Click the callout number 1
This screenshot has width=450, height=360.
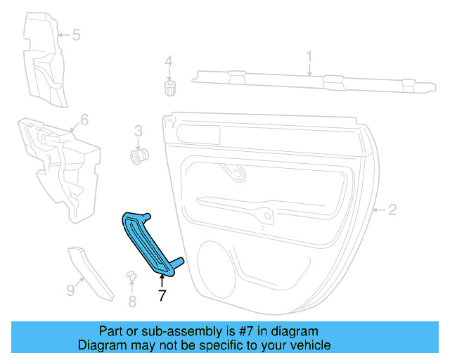(309, 56)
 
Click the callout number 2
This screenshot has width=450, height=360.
(392, 209)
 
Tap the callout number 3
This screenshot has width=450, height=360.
(138, 130)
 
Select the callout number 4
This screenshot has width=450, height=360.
(168, 62)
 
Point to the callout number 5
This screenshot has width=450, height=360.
(76, 34)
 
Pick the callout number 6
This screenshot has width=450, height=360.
(84, 120)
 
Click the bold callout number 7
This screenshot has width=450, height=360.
(162, 296)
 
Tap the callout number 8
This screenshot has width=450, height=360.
(131, 302)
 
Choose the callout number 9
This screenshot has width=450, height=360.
(70, 289)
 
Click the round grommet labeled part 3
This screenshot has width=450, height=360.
(139, 154)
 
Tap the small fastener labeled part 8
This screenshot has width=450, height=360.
(131, 276)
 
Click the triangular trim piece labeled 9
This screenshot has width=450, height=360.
(91, 271)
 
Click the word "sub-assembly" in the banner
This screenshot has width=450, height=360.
(166, 331)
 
